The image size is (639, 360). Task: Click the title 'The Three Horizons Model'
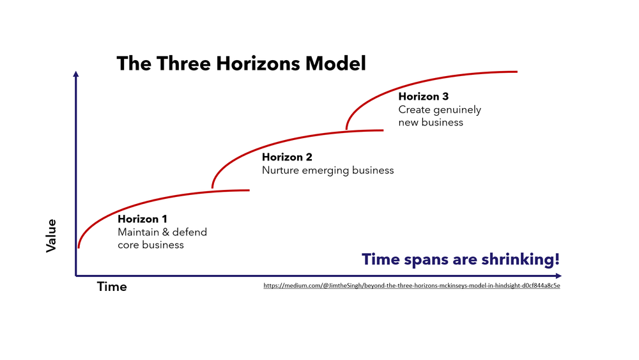point(241,64)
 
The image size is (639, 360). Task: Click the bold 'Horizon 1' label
point(142,219)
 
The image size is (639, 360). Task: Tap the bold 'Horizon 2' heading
point(287,157)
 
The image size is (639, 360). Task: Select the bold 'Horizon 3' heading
point(424,97)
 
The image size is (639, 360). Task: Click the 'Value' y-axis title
point(52,235)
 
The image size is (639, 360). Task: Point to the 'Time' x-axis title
point(112,287)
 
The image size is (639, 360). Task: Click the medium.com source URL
point(412,286)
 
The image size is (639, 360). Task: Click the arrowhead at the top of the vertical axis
point(76,74)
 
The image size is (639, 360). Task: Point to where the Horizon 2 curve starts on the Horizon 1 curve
point(212,189)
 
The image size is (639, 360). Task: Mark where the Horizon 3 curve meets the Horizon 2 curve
point(346,130)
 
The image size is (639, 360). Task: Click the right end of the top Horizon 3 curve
point(516,71)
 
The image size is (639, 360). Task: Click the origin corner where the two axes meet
point(76,276)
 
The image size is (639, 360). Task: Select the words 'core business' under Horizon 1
point(151,245)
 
